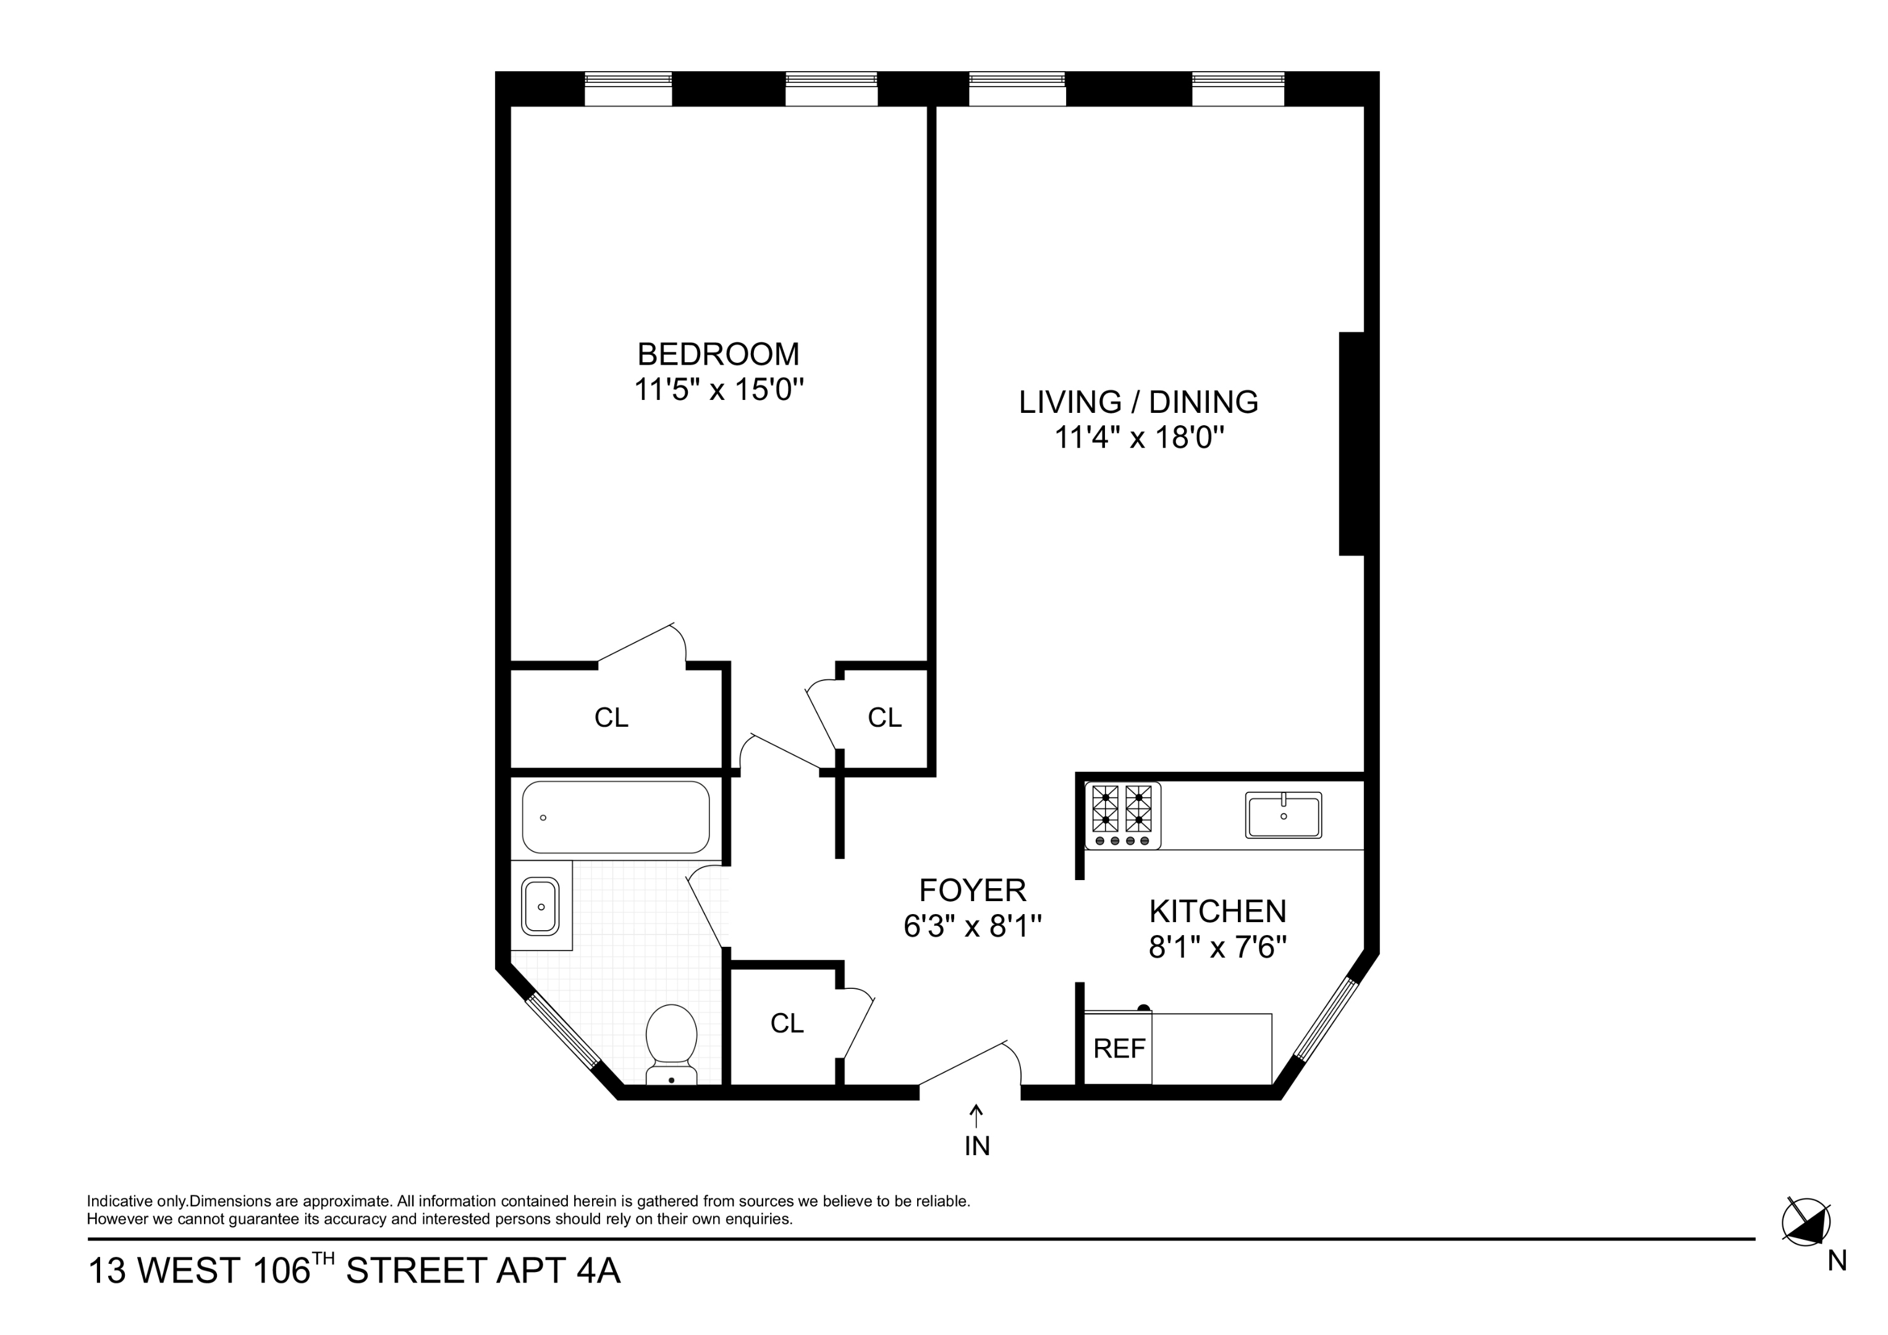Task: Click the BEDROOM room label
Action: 718,355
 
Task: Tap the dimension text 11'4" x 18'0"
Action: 1139,438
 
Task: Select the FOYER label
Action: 972,890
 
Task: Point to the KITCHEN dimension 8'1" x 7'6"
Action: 1217,947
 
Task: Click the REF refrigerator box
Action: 1119,1049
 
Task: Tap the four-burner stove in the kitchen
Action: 1122,815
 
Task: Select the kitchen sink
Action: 1283,815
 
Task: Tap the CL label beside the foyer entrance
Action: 786,1023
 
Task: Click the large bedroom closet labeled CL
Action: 611,718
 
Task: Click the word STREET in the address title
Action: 416,1271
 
